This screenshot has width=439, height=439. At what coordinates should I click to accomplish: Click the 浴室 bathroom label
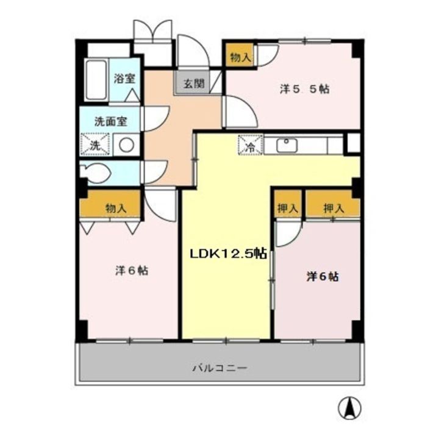[x=126, y=78]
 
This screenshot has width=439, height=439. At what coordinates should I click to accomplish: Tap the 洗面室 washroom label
[x=110, y=121]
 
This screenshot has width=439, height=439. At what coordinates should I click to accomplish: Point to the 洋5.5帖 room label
[x=305, y=89]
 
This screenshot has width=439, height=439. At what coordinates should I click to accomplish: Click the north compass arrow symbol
[x=351, y=407]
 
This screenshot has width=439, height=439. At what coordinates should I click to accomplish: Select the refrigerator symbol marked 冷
[x=251, y=146]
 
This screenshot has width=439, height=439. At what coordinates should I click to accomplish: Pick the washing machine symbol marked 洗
[x=95, y=145]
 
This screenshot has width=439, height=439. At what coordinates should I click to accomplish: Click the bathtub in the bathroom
[x=96, y=80]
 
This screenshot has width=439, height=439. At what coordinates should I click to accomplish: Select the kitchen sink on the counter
[x=286, y=145]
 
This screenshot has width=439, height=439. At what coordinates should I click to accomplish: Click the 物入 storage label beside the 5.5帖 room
[x=240, y=57]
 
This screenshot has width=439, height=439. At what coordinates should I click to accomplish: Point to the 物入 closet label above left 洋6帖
[x=115, y=209]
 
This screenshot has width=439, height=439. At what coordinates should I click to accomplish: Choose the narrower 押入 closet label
[x=288, y=208]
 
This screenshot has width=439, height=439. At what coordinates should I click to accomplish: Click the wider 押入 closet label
[x=333, y=208]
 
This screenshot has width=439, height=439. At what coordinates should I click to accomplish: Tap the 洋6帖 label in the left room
[x=131, y=271]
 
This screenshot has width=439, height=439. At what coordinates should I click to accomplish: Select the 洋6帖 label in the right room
[x=323, y=276]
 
